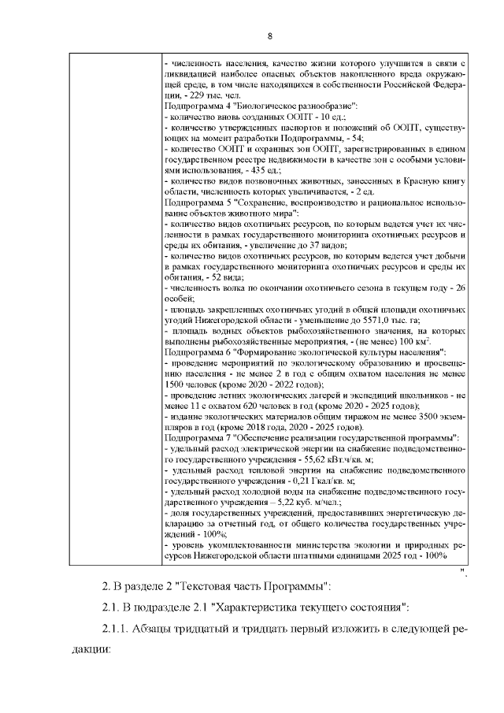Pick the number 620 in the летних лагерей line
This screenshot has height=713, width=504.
click(x=266, y=405)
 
